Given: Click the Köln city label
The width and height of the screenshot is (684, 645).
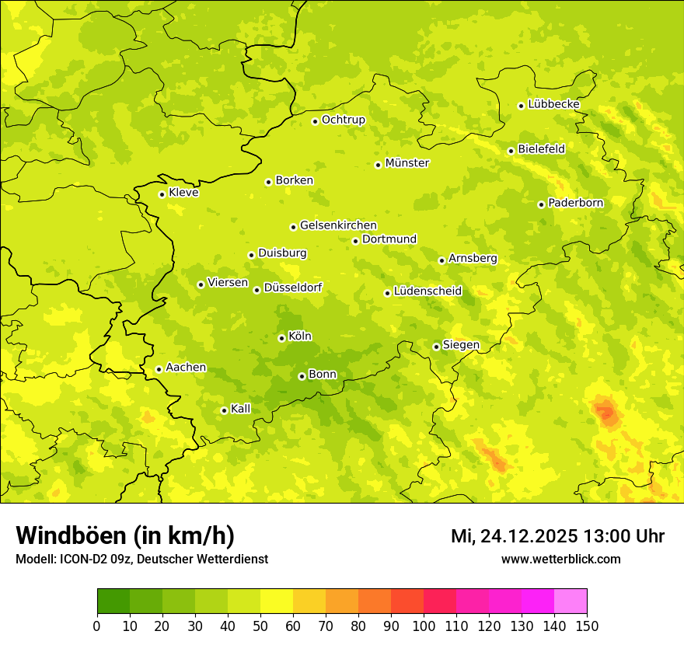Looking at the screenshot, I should (300, 336).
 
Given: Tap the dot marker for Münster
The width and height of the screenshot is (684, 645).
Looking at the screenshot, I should (379, 165).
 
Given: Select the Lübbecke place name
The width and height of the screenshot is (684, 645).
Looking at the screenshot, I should (553, 104).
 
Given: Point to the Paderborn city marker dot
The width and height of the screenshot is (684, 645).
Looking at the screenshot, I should (542, 204).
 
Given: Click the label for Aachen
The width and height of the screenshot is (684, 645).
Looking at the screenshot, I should (186, 368).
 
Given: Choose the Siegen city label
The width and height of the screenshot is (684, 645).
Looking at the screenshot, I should (461, 345).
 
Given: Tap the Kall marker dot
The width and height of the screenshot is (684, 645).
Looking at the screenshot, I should (225, 410).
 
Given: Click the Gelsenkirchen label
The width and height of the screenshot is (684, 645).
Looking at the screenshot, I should (338, 225).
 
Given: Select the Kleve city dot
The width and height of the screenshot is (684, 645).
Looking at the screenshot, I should (162, 194).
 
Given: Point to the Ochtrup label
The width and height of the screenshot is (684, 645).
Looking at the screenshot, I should (343, 120).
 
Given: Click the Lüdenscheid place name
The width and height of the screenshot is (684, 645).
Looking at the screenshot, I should (427, 291).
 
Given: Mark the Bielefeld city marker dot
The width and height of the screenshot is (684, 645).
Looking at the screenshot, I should (511, 151).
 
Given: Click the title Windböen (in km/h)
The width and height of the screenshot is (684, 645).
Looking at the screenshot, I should (124, 536).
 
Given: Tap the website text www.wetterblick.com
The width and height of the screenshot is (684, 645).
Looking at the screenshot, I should (560, 559).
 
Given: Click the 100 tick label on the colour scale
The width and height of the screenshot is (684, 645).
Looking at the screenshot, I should (424, 626).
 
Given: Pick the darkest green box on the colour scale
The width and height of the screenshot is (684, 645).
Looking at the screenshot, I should (113, 601).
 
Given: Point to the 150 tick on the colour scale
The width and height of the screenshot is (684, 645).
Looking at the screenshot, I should (587, 626).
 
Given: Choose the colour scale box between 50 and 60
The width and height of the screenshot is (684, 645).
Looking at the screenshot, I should (277, 601).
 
